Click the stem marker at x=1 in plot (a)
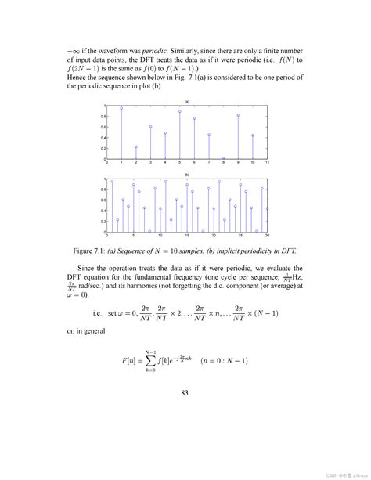tap(121, 109)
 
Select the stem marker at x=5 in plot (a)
tap(180, 111)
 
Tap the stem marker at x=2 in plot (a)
tap(136, 146)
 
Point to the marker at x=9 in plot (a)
tap(238, 115)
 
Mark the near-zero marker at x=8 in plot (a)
tap(223, 157)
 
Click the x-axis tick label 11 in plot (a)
tap(267, 163)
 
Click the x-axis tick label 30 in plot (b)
tap(267, 236)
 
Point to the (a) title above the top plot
tap(187, 102)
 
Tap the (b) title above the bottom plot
tap(187, 175)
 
